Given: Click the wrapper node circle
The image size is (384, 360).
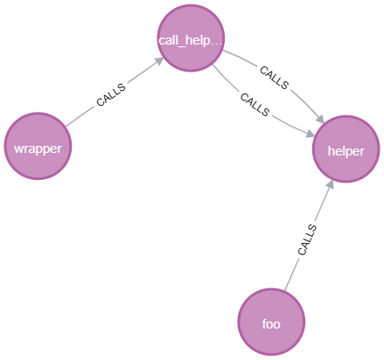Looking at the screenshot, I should pos(37,147).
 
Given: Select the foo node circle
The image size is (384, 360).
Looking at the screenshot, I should pos(271,322).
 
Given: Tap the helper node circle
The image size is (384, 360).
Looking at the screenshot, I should pos(346,150).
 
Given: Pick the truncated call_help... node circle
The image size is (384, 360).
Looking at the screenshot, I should pos(191,38).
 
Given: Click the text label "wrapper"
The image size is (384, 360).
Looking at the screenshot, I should pos(38,148).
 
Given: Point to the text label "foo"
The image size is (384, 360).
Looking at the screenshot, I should pos(271,323).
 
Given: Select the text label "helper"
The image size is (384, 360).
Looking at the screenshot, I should pos(346,150).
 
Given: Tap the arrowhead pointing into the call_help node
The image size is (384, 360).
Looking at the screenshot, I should pos(158,62).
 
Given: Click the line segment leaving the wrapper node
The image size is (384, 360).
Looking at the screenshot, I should pos(80,115).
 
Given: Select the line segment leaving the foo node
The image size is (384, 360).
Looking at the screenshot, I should pos(292,272).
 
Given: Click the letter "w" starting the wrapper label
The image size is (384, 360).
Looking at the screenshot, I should pos(18,148).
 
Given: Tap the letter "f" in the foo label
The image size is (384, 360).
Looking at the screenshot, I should pos(263,323).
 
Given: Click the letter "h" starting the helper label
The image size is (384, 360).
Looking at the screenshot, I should pos(331,150).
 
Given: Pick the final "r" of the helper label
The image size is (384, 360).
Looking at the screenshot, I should pos(361,150).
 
